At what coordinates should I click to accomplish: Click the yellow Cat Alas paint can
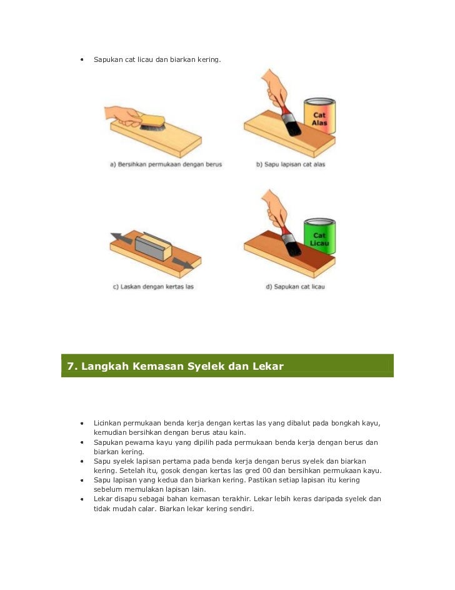[319, 116]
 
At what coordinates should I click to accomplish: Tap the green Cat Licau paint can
[319, 236]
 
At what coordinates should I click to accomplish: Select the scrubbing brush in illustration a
[152, 123]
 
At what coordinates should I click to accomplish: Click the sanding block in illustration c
[153, 247]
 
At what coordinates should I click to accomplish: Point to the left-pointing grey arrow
[121, 238]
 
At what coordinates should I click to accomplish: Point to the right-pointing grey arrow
[183, 263]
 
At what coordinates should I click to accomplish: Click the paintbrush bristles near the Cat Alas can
[291, 125]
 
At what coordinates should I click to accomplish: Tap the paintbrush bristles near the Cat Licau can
[291, 245]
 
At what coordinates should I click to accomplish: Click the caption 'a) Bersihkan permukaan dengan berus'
[166, 165]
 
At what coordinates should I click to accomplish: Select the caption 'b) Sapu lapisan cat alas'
[291, 165]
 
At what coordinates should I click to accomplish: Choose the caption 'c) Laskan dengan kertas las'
[153, 287]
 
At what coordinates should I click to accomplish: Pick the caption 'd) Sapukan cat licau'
[296, 287]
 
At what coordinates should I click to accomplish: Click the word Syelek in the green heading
[206, 366]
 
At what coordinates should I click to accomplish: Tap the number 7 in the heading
[70, 366]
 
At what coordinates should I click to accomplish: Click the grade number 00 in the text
[266, 470]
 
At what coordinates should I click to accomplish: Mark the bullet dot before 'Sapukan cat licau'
[82, 59]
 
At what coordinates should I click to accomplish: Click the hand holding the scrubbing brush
[123, 116]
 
